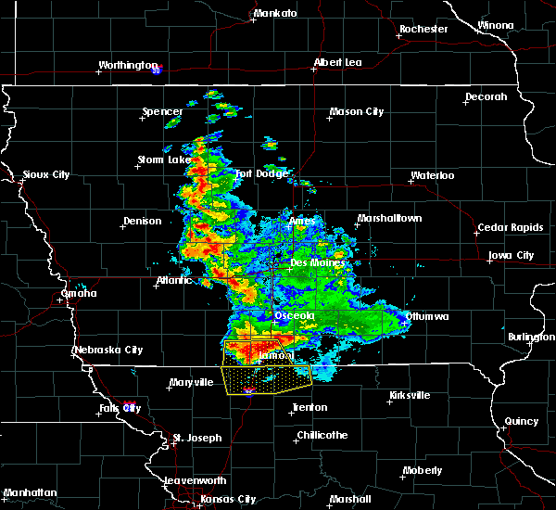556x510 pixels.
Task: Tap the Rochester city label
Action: (423, 29)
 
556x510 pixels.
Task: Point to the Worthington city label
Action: (128, 65)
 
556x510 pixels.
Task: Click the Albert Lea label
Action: (337, 63)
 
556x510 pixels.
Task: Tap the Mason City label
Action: (356, 112)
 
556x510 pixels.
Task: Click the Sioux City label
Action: (46, 174)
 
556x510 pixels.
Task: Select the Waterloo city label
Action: (432, 175)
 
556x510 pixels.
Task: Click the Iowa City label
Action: (511, 255)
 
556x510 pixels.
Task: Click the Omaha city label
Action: (78, 293)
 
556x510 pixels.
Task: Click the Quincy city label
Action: (522, 421)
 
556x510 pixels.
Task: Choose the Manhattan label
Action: (30, 492)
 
